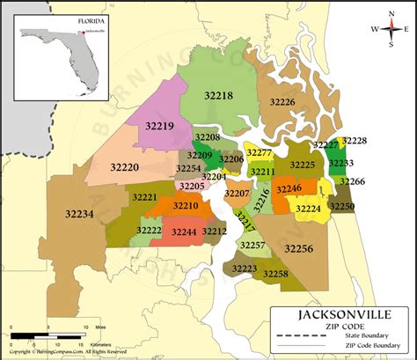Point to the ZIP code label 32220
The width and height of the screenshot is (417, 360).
coord(124,165)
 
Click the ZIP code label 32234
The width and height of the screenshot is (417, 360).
coord(79,212)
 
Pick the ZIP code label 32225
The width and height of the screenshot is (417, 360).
coord(302,165)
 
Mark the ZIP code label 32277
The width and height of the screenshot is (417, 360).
coord(259,153)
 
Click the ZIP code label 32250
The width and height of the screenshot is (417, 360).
coord(342,206)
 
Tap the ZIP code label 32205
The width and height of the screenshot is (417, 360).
coord(191,186)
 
